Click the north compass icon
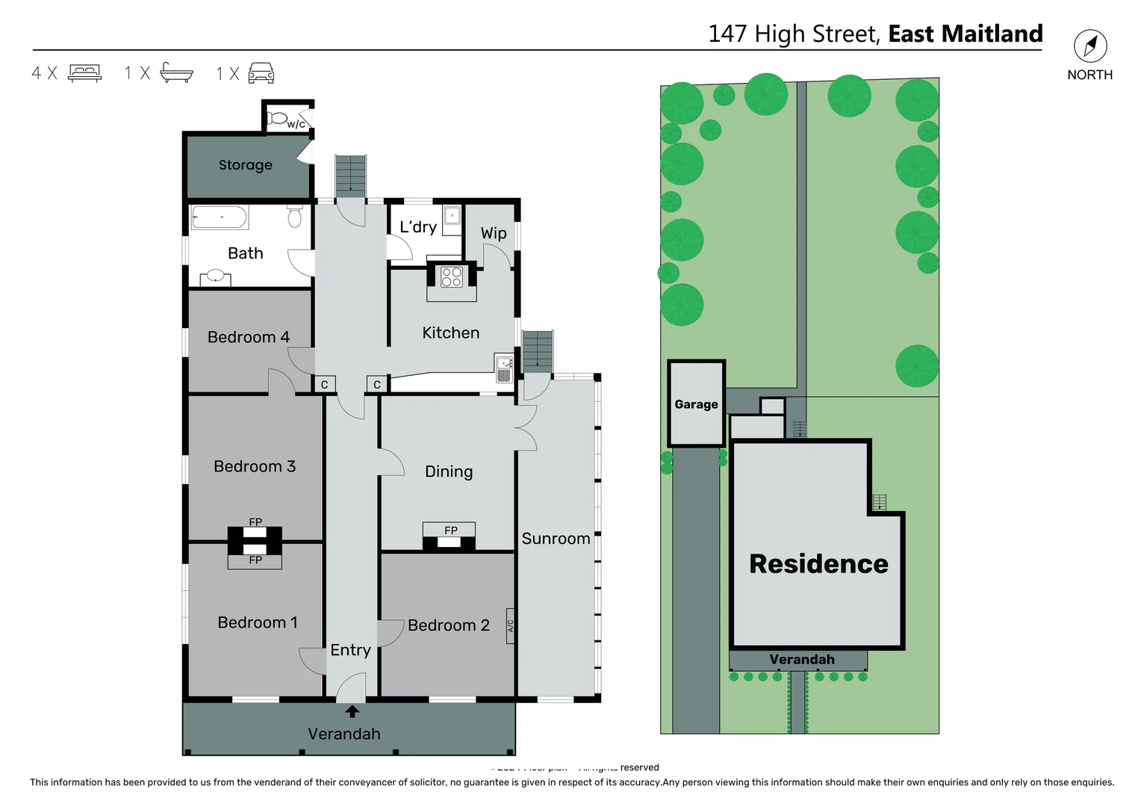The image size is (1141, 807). point(1089,46)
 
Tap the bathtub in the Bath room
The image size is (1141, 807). point(218,217)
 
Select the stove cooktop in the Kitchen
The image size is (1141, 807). point(451,277)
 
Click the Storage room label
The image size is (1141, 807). point(245,165)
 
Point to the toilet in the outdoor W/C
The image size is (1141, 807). point(277,118)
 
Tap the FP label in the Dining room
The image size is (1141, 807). point(450,531)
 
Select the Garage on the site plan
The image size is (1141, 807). point(696,404)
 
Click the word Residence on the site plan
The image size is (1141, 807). point(818,564)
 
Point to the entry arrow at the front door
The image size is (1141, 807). point(352,712)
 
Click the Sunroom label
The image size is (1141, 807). point(556,539)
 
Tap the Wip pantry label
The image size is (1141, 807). point(493,233)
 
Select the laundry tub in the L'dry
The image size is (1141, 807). point(453,217)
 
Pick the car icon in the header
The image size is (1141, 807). point(261,72)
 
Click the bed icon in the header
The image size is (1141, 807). point(84,72)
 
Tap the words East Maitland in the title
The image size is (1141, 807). point(965,34)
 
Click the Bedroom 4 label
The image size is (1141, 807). point(248,337)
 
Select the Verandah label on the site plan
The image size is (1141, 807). point(801,660)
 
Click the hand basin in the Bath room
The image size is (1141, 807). point(215,276)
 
